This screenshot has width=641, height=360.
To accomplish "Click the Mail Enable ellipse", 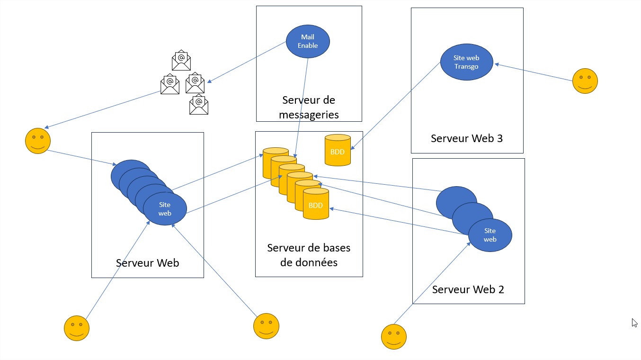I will (308, 42).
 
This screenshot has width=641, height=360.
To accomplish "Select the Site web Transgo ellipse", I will (466, 62).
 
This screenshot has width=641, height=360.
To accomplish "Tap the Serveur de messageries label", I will (309, 108).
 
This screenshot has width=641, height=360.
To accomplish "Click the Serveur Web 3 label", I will (466, 138).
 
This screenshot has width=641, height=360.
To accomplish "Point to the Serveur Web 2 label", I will (468, 289).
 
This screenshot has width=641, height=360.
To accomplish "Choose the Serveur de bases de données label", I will (309, 255).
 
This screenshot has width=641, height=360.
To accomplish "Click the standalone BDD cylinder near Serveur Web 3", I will (338, 150).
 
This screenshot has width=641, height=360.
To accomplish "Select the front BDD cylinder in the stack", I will (316, 204).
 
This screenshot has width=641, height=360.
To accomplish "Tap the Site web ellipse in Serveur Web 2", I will (490, 235).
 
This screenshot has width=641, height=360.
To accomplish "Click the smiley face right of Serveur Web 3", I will (585, 81).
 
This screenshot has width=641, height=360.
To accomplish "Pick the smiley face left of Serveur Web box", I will (37, 141).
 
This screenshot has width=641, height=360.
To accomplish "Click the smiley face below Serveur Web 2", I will (394, 337).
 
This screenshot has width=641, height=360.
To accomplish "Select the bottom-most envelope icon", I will (199, 105).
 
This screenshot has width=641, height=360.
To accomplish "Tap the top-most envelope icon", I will (181, 61).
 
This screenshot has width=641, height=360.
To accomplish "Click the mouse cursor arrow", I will (634, 323).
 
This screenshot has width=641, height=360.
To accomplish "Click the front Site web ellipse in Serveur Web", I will (165, 209).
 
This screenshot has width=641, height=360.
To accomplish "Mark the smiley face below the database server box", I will (266, 326).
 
